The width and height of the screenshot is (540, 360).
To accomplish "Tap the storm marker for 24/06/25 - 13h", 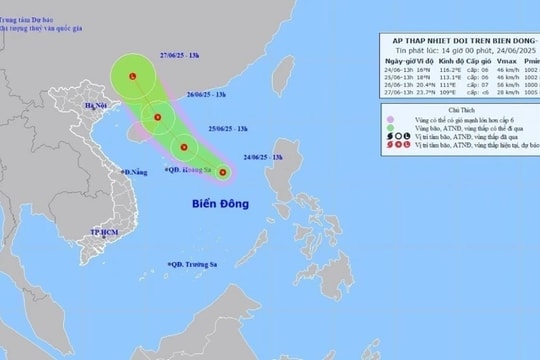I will click(223, 173).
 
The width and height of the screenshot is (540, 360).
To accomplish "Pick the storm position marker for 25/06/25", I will click(184, 149).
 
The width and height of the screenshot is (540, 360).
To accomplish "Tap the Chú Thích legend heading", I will click(453, 114).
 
